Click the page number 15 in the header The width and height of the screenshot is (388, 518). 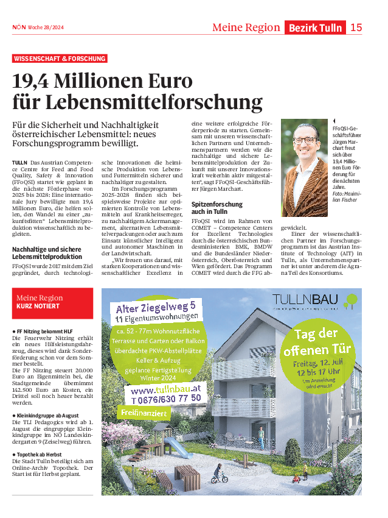pos(356,27)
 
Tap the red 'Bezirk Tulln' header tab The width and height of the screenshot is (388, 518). pos(315,27)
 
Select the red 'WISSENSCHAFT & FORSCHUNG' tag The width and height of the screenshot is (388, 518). pos(60,59)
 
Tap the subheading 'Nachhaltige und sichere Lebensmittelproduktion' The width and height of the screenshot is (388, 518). pos(47,253)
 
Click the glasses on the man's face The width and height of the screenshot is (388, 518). pos(305,140)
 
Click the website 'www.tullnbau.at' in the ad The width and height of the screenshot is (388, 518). pos(165,389)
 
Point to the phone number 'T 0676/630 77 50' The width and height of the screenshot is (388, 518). pos(166,399)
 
